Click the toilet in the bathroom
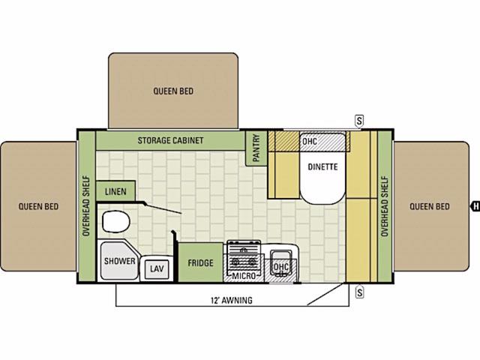click(115, 221)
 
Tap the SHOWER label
click(119, 261)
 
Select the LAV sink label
click(157, 268)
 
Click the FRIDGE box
click(200, 262)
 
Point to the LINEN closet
click(115, 191)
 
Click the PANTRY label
click(256, 148)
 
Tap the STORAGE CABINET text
click(170, 140)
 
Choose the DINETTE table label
click(322, 166)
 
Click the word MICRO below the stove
click(244, 276)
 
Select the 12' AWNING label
click(232, 300)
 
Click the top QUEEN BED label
click(173, 91)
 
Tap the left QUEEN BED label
click(38, 206)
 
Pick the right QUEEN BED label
click(430, 206)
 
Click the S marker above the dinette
click(359, 121)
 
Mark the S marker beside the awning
click(360, 292)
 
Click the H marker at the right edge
click(475, 206)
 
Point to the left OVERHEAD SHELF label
click(86, 205)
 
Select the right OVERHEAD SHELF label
click(385, 206)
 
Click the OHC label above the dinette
click(310, 142)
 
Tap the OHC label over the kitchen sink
click(280, 267)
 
